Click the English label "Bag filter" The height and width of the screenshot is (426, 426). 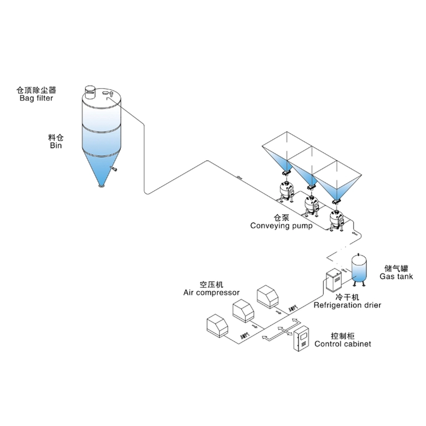pyautogui.click(x=37, y=98)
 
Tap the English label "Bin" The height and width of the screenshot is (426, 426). pyautogui.click(x=56, y=145)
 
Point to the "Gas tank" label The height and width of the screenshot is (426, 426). pyautogui.click(x=396, y=276)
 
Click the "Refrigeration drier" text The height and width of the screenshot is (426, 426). pyautogui.click(x=348, y=305)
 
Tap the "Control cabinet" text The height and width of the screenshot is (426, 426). pyautogui.click(x=343, y=344)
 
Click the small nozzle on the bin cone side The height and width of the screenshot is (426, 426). pyautogui.click(x=113, y=169)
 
